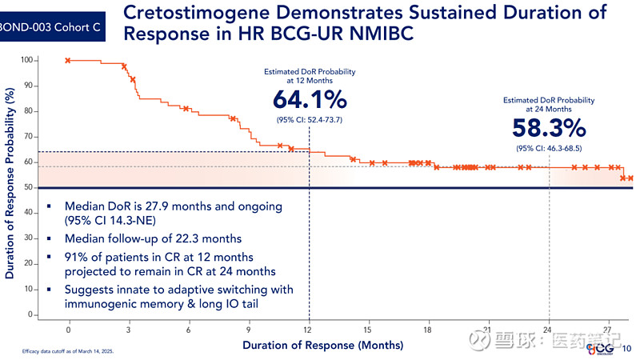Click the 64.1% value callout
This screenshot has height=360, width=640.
[x=310, y=99]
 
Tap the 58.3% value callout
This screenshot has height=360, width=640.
[x=549, y=128]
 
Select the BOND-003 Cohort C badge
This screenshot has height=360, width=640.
[x=50, y=27]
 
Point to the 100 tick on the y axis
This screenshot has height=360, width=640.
[x=26, y=60]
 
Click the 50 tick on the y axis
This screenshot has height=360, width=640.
[x=28, y=187]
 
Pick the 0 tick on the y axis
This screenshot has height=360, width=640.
[x=30, y=314]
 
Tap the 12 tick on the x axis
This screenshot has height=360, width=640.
[x=308, y=330]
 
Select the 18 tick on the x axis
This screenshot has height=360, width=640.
[x=427, y=330]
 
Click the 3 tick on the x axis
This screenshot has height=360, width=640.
[x=128, y=330]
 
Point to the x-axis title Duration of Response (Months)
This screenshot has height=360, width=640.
[x=323, y=346]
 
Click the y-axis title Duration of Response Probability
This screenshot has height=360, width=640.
[x=10, y=183]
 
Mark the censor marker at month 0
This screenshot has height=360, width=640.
[x=68, y=61]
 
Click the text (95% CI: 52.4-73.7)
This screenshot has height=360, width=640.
[x=310, y=120]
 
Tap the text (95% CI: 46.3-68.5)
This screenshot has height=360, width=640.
[x=549, y=149]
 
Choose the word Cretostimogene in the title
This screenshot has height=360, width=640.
[x=196, y=13]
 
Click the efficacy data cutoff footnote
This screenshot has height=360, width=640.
[x=68, y=351]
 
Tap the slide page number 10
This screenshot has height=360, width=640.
[x=626, y=349]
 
